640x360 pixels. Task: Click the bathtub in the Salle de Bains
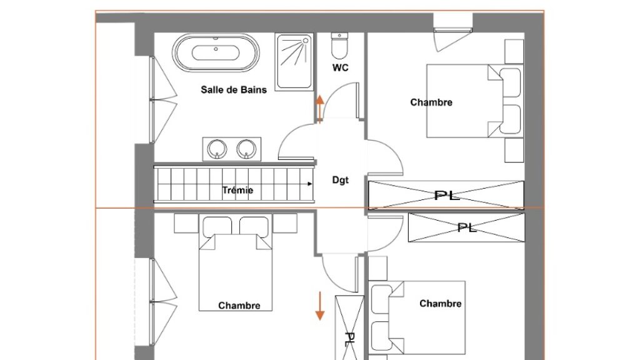(216, 53)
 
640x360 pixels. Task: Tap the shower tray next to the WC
(294, 62)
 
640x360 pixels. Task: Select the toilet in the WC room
(339, 46)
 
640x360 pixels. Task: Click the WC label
(341, 67)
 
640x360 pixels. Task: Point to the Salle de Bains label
(234, 90)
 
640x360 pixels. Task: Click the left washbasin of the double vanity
(217, 149)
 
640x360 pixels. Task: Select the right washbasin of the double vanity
(246, 149)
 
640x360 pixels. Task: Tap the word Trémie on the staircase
(237, 190)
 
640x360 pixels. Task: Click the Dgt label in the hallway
(341, 180)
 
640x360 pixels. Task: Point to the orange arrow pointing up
(319, 108)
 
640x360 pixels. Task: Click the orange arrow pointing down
(319, 306)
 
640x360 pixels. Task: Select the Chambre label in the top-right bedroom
(431, 102)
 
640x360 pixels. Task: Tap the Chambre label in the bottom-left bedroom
(239, 306)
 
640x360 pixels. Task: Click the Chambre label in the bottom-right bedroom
(441, 304)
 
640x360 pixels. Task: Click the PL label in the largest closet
(447, 196)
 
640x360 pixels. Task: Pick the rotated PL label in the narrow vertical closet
(349, 339)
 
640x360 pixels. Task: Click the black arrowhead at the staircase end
(310, 184)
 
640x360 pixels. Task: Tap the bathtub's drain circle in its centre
(216, 49)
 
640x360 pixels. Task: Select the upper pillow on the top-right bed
(510, 83)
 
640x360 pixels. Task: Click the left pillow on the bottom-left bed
(217, 226)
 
